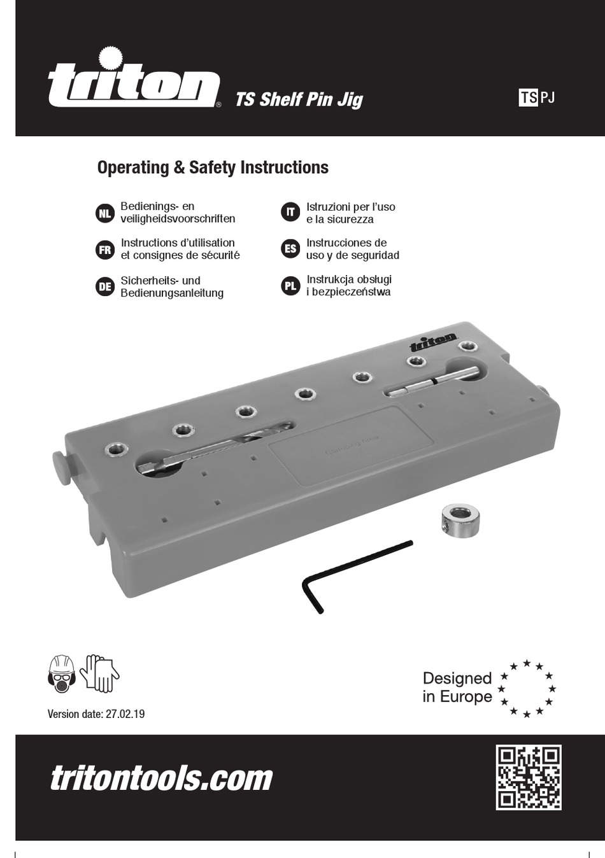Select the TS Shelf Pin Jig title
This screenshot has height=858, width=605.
pos(299,99)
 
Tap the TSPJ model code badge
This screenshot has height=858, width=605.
pos(537,97)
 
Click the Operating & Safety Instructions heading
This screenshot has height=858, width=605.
pos(213,167)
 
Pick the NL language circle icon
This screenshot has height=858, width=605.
pos(105,213)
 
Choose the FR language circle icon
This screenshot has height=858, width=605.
pos(105,250)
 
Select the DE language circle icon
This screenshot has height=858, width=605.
pos(105,287)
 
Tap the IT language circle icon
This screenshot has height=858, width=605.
pos(290,212)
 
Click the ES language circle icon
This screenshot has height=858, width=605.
pos(290,249)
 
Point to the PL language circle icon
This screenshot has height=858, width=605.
pos(290,286)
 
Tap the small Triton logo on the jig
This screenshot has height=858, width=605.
pos(433,342)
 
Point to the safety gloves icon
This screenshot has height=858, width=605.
pos(101,673)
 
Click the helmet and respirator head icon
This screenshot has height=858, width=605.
pos(62,675)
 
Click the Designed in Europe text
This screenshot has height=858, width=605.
pos(457,687)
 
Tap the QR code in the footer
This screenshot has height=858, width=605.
pos(529,777)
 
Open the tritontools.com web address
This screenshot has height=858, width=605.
pos(161,778)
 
